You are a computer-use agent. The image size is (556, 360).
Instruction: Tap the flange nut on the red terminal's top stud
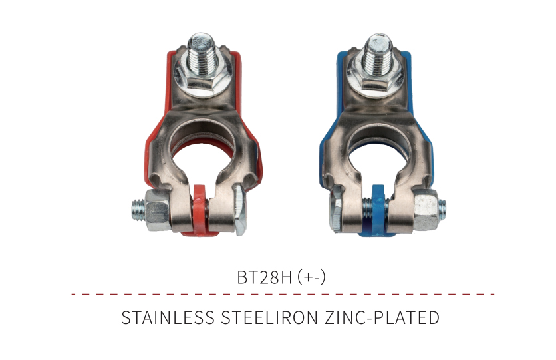point(202,80)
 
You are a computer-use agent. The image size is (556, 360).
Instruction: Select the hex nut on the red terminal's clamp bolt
point(157,210)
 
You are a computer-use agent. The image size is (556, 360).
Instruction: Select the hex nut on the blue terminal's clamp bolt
point(426,210)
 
